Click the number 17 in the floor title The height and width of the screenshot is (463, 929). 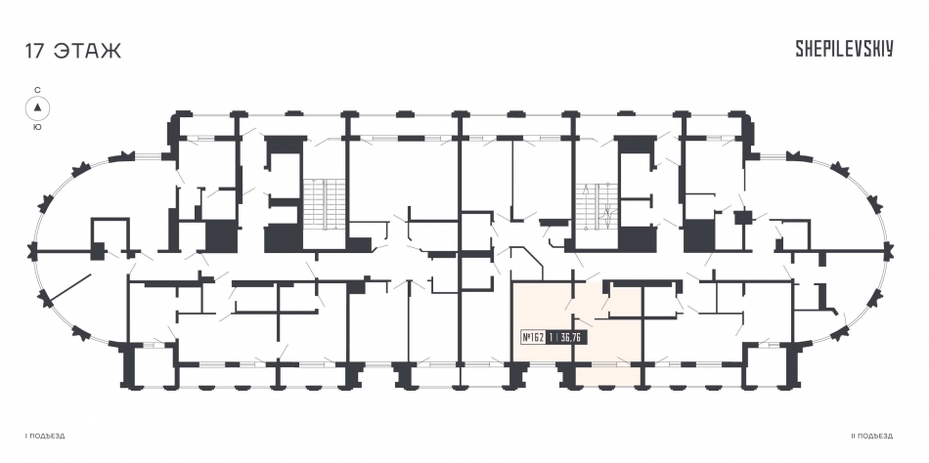pyautogui.click(x=34, y=51)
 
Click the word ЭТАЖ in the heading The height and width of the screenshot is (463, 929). pyautogui.click(x=87, y=51)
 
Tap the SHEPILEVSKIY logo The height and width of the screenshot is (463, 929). pyautogui.click(x=844, y=50)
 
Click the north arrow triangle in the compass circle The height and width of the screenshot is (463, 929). pyautogui.click(x=37, y=107)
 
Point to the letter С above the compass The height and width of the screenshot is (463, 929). pyautogui.click(x=37, y=90)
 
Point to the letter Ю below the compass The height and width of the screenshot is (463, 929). pyautogui.click(x=37, y=127)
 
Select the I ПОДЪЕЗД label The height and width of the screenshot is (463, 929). pyautogui.click(x=44, y=437)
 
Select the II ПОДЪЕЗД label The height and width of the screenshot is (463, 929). pyautogui.click(x=871, y=437)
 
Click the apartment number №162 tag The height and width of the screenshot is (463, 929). pyautogui.click(x=534, y=337)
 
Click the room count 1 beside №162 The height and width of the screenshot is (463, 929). pyautogui.click(x=551, y=337)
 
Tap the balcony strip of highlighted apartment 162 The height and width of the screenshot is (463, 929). pyautogui.click(x=609, y=375)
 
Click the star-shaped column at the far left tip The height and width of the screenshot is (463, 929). pyautogui.click(x=31, y=252)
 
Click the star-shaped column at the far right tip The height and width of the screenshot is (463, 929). pyautogui.click(x=887, y=251)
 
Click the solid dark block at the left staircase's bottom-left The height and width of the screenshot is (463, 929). pyautogui.click(x=284, y=238)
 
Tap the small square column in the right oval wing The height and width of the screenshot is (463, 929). pyautogui.click(x=742, y=217)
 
